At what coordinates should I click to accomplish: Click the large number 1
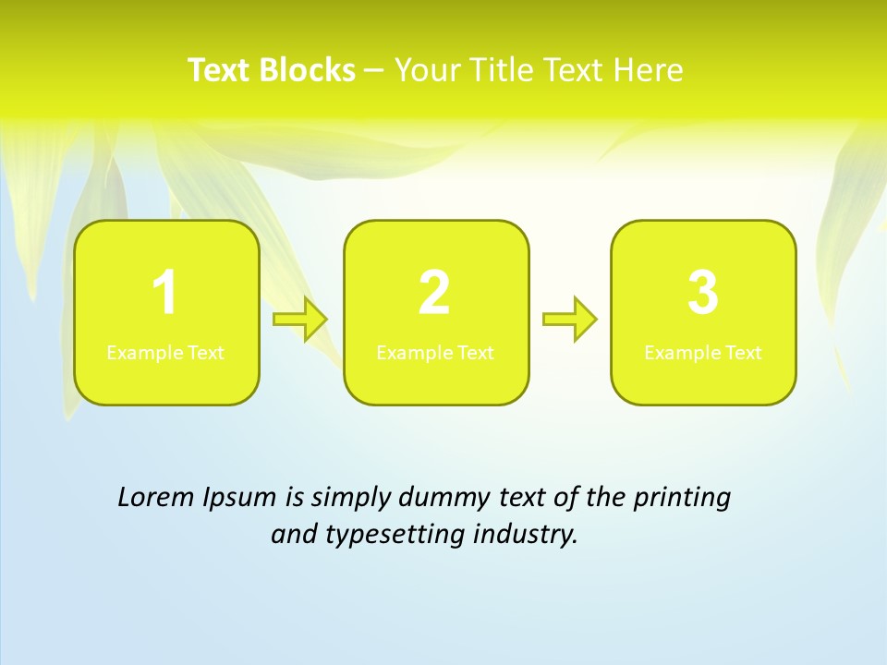(x=164, y=294)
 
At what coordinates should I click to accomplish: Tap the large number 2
(x=434, y=294)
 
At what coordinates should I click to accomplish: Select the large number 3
(x=703, y=294)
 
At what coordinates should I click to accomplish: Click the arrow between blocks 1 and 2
(x=300, y=320)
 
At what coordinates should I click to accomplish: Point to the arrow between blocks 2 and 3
(x=570, y=320)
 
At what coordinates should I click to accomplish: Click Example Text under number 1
(x=165, y=353)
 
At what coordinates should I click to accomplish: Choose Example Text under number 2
(x=435, y=353)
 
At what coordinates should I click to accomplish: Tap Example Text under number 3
(x=703, y=353)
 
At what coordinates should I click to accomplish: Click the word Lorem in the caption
(x=153, y=498)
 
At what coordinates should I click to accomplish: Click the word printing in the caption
(x=681, y=499)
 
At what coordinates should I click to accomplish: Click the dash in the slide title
(x=374, y=71)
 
